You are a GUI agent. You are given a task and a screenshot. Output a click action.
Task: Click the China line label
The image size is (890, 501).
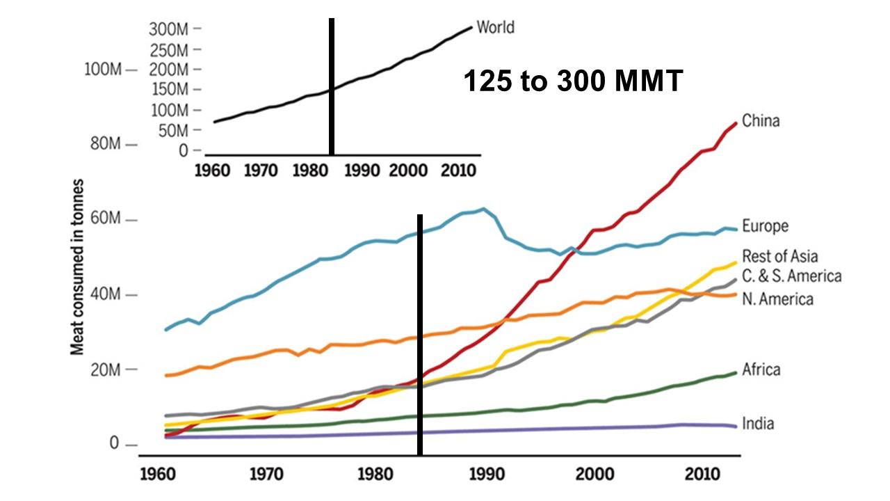coord(761,121)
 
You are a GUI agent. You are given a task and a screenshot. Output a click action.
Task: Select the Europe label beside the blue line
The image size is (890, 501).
coord(765,226)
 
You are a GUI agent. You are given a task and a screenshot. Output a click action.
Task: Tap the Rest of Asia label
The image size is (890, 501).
coord(779,257)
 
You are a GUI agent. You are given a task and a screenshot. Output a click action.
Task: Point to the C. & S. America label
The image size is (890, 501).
coord(791,276)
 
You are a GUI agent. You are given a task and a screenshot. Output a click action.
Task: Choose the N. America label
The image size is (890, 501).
coord(777,299)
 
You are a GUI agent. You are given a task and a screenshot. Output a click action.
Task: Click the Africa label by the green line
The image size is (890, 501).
coord(761,369)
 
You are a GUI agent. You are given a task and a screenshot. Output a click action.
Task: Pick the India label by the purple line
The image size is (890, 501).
coord(758,424)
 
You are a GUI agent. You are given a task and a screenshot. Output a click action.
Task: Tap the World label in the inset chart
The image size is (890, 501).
coord(495,28)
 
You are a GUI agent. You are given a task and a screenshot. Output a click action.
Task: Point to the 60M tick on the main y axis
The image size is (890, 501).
coord(107,220)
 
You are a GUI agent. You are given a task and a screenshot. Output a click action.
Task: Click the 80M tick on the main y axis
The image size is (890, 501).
coord(107,144)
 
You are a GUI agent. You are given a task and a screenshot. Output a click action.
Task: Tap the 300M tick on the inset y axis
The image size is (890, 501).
coord(169,29)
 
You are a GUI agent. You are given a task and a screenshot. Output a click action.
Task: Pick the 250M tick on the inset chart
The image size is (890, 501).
coord(169,50)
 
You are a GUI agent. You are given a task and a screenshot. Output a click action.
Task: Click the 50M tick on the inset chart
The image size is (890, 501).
coord(172,130)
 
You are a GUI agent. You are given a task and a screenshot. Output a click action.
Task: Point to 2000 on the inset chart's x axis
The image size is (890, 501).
coord(407,169)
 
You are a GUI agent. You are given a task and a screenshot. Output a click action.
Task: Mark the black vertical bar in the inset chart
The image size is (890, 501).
coord(332,87)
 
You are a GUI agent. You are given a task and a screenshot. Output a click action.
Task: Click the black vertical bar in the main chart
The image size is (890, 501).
coord(420,334)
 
